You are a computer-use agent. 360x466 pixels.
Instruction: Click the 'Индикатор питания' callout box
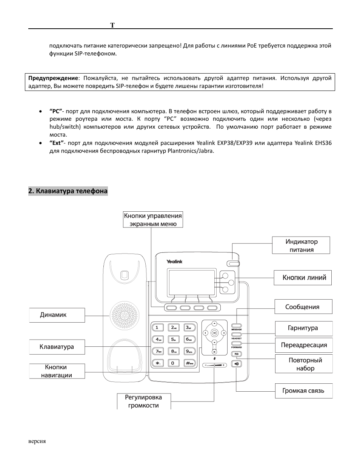[301, 245]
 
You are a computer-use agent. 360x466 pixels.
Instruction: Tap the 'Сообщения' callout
[303, 307]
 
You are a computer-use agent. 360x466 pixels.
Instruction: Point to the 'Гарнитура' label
[303, 328]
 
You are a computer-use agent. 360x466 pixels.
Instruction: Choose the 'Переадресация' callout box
[303, 345]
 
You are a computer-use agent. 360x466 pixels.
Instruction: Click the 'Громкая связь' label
[303, 391]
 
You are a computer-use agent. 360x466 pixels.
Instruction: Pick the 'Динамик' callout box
[57, 315]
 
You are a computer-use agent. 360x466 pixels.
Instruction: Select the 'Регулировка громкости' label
[144, 401]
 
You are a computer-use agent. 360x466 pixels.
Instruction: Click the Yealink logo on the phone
[174, 261]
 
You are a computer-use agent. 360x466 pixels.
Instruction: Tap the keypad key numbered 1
[157, 328]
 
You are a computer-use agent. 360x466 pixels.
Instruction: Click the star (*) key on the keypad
[157, 363]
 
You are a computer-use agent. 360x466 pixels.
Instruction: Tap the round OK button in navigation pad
[214, 333]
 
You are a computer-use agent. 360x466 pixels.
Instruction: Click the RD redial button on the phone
[236, 354]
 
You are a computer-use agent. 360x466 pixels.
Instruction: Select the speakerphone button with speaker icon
[236, 364]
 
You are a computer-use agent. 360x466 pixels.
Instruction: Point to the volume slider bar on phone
[214, 365]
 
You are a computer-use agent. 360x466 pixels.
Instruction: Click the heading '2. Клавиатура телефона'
[68, 191]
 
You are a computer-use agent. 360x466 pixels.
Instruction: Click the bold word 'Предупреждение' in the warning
[53, 78]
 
